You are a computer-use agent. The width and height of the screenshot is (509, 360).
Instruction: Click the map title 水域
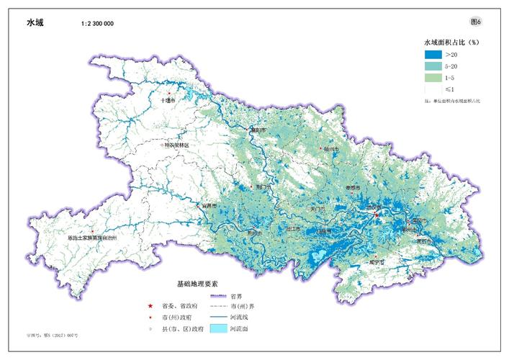[x=35, y=22]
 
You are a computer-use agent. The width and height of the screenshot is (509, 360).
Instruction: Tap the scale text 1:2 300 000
[x=97, y=24]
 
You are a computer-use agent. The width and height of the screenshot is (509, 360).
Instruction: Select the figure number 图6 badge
[x=474, y=21]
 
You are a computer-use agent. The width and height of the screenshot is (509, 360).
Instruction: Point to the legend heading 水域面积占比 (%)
[x=451, y=42]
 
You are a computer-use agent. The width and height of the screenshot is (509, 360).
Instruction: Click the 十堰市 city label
[x=168, y=101]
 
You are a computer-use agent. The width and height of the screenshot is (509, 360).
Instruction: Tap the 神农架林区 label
[x=176, y=145]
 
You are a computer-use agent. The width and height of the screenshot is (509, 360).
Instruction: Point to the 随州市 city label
[x=331, y=150]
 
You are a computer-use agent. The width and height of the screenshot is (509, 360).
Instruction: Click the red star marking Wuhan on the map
[x=377, y=214]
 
